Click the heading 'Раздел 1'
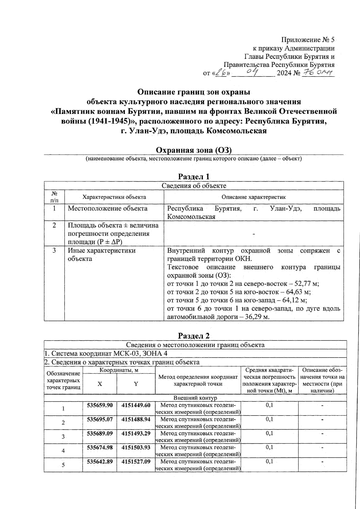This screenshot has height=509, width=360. click(193, 177)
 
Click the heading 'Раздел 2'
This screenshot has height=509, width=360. click(193, 336)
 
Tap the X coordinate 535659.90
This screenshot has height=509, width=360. click(100, 405)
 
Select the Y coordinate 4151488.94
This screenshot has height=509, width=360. click(136, 419)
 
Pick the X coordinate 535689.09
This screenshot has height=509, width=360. click(100, 433)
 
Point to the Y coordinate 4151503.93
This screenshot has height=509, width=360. click(136, 447)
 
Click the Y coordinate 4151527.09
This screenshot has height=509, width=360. click(136, 461)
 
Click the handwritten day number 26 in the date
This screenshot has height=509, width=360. click(222, 72)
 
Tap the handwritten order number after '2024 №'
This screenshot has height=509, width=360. click(318, 72)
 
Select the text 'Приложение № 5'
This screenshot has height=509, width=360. click(308, 40)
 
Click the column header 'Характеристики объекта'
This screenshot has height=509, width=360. click(114, 197)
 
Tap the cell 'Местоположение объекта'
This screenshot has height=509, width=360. click(107, 208)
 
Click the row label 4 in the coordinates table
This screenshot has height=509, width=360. click(63, 451)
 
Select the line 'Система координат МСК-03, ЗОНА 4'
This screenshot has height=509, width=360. click(106, 353)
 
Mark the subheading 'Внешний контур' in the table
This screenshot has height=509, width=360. click(195, 398)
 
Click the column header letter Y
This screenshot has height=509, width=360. click(136, 384)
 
